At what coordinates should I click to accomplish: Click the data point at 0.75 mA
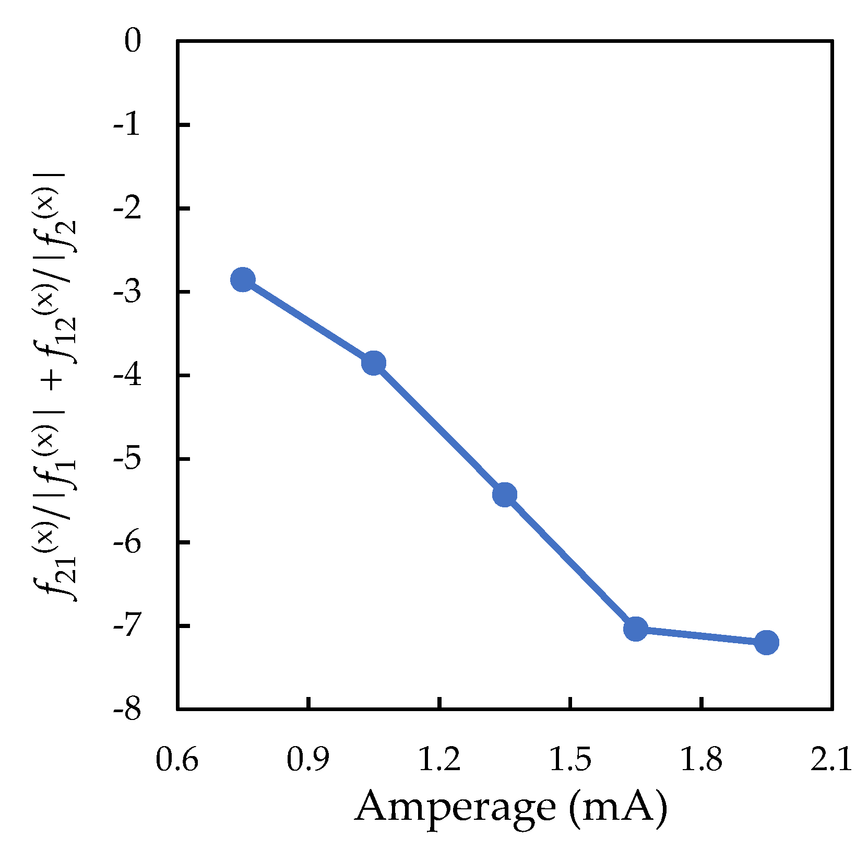pyautogui.click(x=243, y=280)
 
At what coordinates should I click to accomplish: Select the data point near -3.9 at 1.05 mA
pyautogui.click(x=374, y=363)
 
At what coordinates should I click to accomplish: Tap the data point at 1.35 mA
pyautogui.click(x=505, y=494)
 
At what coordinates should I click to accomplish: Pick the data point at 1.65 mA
pyautogui.click(x=636, y=629)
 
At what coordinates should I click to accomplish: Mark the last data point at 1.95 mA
pyautogui.click(x=767, y=642)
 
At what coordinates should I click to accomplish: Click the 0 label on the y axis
pyautogui.click(x=133, y=42)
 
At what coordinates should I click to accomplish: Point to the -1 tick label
pyautogui.click(x=127, y=125)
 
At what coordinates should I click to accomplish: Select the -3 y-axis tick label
pyautogui.click(x=127, y=292)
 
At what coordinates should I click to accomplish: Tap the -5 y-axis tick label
pyautogui.click(x=127, y=459)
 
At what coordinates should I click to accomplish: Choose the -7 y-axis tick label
pyautogui.click(x=127, y=626)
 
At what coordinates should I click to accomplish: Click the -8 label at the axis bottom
pyautogui.click(x=127, y=710)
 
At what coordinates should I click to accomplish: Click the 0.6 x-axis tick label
pyautogui.click(x=177, y=760)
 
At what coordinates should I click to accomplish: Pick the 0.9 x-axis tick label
pyautogui.click(x=308, y=760)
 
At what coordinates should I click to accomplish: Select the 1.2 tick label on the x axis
pyautogui.click(x=439, y=760)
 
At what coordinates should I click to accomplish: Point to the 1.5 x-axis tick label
pyautogui.click(x=570, y=760)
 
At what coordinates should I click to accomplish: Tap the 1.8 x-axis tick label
pyautogui.click(x=701, y=760)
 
